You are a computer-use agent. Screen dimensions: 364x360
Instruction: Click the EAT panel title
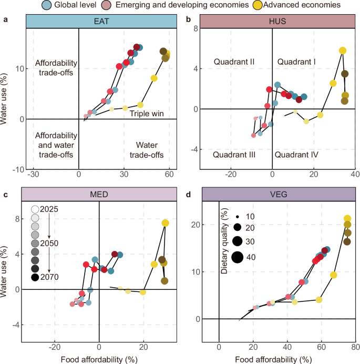click(102, 21)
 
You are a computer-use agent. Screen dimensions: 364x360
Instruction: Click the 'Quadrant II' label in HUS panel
click(234, 62)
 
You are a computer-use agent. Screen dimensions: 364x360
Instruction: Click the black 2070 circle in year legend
click(35, 277)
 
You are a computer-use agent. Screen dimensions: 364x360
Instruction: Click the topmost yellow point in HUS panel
click(343, 50)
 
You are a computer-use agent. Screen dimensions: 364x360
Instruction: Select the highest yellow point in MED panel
click(165, 223)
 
